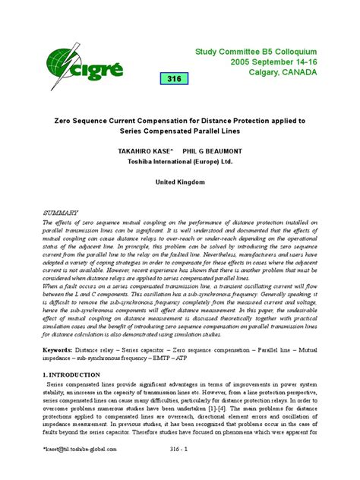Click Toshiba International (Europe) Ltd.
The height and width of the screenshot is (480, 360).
pos(180,162)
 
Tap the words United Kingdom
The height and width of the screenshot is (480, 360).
pos(180,183)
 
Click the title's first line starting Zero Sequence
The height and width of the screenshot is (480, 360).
pos(180,120)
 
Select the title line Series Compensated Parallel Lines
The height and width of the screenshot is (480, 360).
pos(180,131)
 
